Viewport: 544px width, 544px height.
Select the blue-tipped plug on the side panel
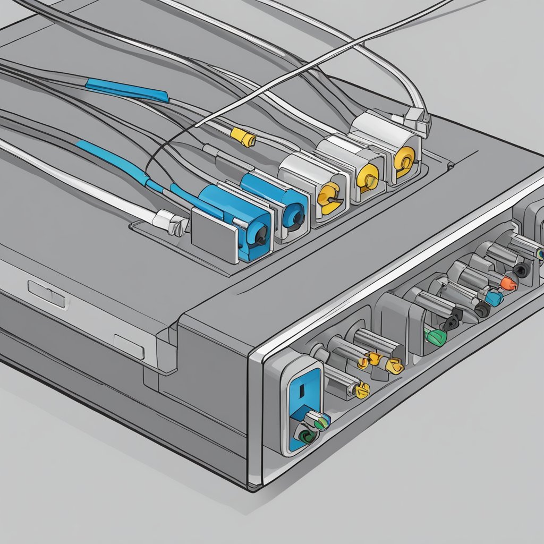[x=494, y=299]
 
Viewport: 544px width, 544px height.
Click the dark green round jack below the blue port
[x=307, y=437]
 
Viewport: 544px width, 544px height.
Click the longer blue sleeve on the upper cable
[x=127, y=90]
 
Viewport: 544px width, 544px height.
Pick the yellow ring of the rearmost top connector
[x=405, y=158]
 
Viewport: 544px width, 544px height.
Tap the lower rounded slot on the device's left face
[x=129, y=346]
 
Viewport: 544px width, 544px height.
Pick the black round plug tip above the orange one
[x=521, y=271]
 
